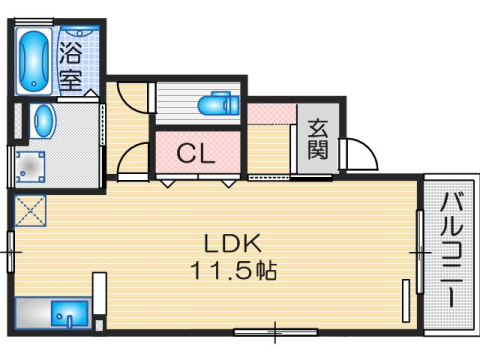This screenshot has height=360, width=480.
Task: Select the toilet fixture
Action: (x=214, y=104)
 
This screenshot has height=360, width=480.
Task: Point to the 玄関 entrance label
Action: (x=319, y=139)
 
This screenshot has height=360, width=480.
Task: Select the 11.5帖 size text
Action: (x=233, y=270)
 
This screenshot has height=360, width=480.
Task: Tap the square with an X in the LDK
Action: (x=30, y=213)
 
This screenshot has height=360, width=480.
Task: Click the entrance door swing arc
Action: (x=359, y=156)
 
